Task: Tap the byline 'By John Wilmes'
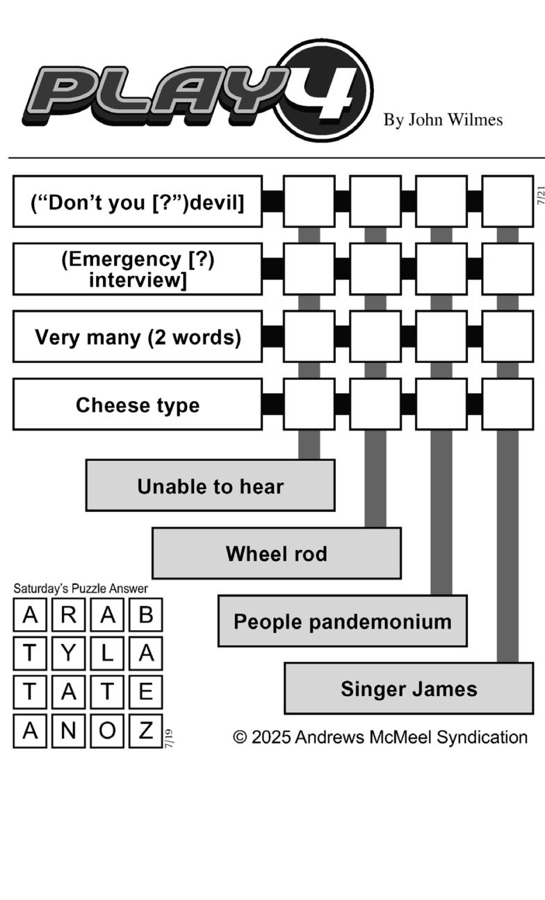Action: (443, 120)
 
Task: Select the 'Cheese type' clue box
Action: (138, 404)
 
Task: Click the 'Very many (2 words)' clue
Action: (138, 337)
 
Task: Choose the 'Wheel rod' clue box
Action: (277, 553)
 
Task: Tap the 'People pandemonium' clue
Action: (343, 621)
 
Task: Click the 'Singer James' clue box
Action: (409, 689)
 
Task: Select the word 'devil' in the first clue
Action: (217, 202)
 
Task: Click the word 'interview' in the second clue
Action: (138, 280)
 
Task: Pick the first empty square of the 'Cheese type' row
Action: (309, 404)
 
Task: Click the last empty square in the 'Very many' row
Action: (507, 337)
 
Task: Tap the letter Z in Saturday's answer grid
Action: (146, 731)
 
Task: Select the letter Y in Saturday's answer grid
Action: (69, 653)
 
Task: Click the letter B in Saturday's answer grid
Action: (146, 615)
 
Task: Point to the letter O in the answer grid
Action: (107, 731)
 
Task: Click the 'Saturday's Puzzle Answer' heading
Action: (81, 588)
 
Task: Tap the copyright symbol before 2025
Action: (240, 737)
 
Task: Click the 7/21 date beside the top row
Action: (541, 195)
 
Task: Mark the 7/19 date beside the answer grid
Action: (169, 738)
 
